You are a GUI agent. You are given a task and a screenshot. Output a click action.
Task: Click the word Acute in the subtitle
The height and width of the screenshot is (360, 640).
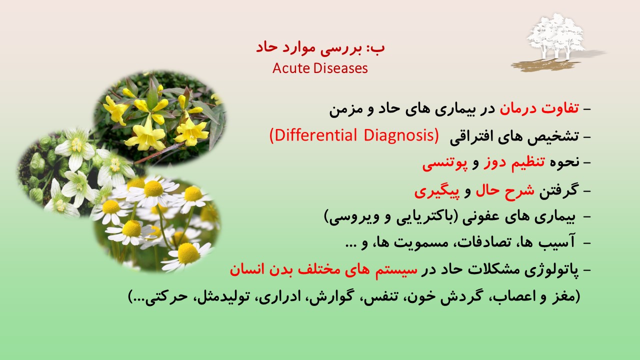click(291, 68)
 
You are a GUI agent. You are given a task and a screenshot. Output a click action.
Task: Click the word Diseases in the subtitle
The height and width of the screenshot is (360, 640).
click(340, 68)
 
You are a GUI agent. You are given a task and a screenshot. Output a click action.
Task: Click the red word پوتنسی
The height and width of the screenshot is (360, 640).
click(445, 163)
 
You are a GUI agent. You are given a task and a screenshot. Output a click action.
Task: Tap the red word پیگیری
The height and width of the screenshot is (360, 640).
click(437, 191)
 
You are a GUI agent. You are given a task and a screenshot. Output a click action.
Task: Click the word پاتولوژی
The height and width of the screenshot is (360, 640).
click(551, 270)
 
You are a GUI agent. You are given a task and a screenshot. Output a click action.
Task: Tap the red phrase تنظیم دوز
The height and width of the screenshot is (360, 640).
click(514, 163)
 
